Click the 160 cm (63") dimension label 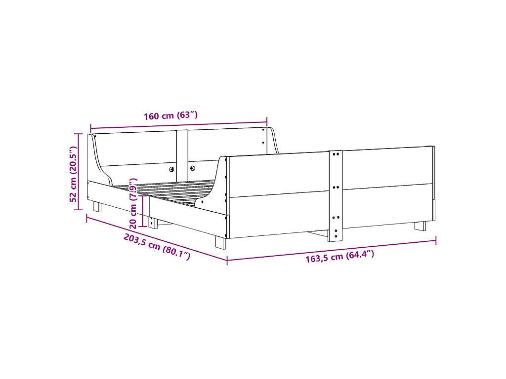click(x=170, y=116)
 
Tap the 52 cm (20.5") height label click(x=73, y=174)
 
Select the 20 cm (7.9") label click(x=133, y=202)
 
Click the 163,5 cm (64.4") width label click(x=339, y=257)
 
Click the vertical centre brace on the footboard click(x=336, y=195)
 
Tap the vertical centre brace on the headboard click(x=182, y=153)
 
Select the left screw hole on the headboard click(x=172, y=169)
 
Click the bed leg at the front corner click(x=220, y=242)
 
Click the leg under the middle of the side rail click(x=153, y=223)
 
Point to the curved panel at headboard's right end click(x=273, y=141)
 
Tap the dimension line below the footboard click(x=331, y=250)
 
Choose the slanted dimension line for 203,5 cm click(x=157, y=237)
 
